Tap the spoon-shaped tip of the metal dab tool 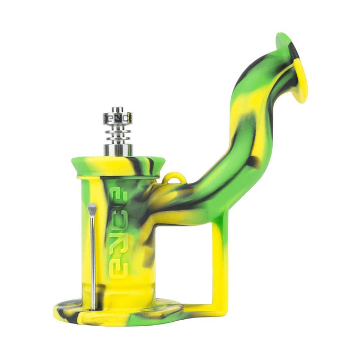point(92,208)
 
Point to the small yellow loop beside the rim point(173,180)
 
